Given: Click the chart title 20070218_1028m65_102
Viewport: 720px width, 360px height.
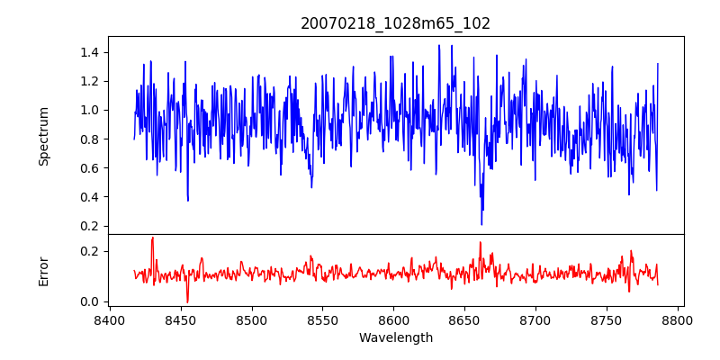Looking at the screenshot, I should pos(395,23).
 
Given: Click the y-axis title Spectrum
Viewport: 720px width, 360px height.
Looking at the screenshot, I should pos(44,136).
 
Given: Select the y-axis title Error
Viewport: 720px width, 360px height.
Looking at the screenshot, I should pos(44,271).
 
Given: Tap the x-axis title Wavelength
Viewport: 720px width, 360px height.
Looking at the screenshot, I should pos(395,338).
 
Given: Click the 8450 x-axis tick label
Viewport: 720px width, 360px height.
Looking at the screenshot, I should pos(181,320).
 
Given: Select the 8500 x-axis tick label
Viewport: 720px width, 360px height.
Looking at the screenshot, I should pos(252,320).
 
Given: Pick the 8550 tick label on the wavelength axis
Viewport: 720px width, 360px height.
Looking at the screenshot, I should pos(323,320).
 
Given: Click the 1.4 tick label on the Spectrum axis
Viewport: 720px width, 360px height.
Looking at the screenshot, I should pos(90,52).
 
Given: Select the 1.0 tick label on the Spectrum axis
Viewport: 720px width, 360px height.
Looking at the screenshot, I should pos(90,110).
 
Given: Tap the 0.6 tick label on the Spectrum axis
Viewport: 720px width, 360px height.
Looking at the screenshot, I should pos(90,168).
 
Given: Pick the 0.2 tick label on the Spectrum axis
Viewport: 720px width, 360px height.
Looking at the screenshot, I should pos(90,226).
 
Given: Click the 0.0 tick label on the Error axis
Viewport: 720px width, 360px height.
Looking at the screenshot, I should pos(90,301).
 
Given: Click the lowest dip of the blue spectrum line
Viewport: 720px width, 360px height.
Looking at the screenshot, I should pos(481,224).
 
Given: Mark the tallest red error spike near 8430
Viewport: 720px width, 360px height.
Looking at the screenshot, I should pos(153,238).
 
